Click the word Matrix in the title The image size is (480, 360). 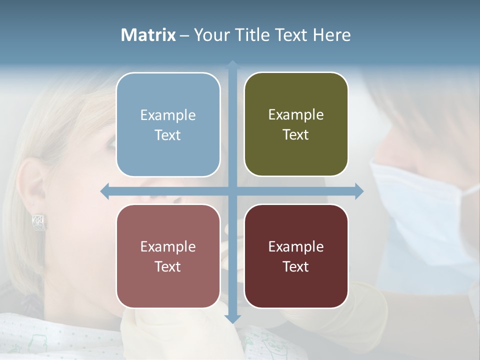[x=148, y=35]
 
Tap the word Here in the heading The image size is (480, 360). [x=331, y=35]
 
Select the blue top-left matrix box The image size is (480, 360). [x=168, y=124]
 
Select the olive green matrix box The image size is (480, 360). [x=296, y=124]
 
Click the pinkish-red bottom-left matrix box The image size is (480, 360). [x=168, y=256]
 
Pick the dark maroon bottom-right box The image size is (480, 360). [x=296, y=256]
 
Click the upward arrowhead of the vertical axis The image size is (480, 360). [x=232, y=64]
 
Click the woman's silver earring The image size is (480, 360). [x=39, y=222]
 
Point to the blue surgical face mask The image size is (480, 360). [x=420, y=210]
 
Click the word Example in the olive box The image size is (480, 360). [x=296, y=114]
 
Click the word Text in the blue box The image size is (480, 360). [x=168, y=135]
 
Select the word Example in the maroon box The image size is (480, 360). [x=296, y=246]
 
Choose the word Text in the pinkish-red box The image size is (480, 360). [x=168, y=266]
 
